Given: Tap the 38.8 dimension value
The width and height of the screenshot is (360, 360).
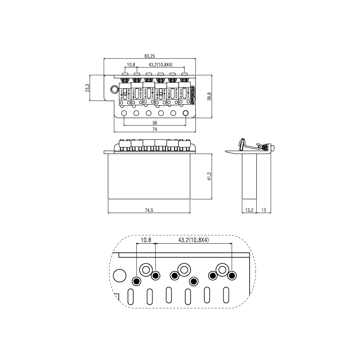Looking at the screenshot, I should [209, 96].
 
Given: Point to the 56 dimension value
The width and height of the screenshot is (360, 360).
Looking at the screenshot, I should [155, 123].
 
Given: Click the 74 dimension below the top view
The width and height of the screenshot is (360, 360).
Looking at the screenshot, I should [155, 129].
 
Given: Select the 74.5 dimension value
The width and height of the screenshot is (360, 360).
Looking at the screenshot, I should [149, 210].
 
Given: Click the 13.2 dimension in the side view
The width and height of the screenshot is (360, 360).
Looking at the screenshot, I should [249, 210].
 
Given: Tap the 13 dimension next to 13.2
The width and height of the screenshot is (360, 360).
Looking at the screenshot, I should [264, 210].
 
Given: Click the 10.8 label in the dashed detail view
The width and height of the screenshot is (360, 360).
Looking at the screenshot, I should [146, 240].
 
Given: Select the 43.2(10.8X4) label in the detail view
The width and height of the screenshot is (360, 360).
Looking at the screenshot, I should [193, 240].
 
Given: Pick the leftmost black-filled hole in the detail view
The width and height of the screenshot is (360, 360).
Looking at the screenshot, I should [136, 281].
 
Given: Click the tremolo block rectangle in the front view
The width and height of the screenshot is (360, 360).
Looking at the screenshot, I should [149, 176].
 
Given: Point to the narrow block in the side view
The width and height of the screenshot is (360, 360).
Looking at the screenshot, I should [249, 176].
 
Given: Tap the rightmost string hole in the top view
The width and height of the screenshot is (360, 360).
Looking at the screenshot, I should [186, 113].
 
